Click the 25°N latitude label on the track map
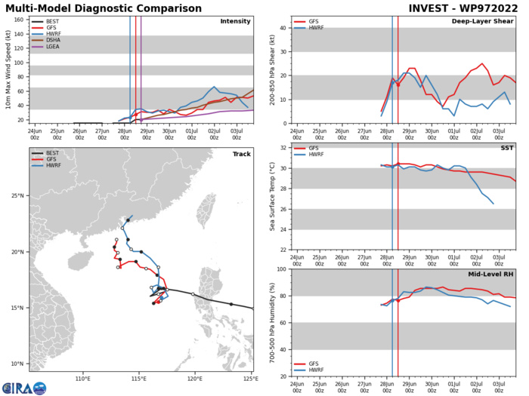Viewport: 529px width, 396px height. pyautogui.click(x=18, y=217)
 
